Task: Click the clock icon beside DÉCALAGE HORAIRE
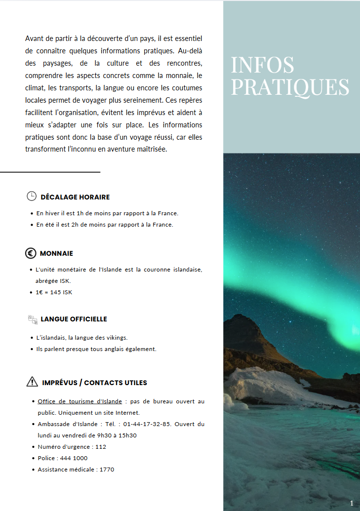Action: click(x=31, y=196)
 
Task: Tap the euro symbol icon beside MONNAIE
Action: click(x=31, y=253)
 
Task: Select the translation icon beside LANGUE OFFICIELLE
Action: click(x=33, y=319)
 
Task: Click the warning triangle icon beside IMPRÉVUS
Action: click(x=32, y=382)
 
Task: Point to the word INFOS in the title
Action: click(x=262, y=65)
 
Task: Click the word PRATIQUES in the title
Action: click(x=290, y=87)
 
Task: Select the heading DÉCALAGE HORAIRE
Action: click(x=75, y=197)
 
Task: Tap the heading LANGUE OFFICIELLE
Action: click(x=74, y=319)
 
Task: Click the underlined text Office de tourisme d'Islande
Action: click(x=80, y=401)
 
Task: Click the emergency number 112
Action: click(x=101, y=447)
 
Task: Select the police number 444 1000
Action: click(x=74, y=458)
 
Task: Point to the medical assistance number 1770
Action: click(x=107, y=470)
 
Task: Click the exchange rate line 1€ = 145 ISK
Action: click(x=54, y=292)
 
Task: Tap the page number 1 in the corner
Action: click(x=352, y=503)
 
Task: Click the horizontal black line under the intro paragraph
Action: click(x=50, y=172)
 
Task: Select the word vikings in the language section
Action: click(x=116, y=338)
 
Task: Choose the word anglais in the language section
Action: click(x=112, y=349)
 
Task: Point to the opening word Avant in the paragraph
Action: click(x=34, y=39)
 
